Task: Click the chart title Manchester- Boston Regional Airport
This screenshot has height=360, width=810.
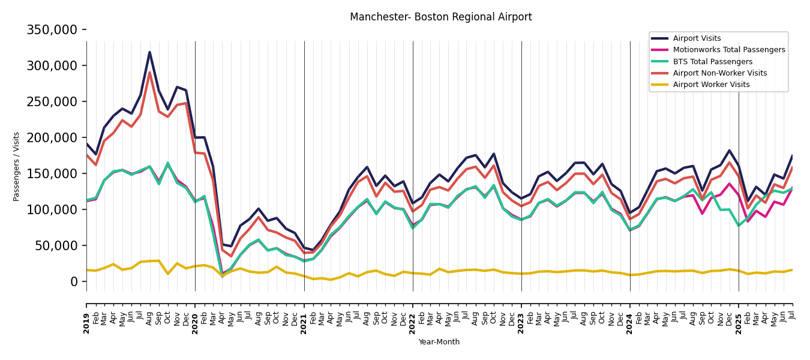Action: (x=440, y=17)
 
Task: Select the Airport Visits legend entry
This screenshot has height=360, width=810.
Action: (x=697, y=38)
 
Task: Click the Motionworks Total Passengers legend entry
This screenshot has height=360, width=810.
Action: (x=728, y=50)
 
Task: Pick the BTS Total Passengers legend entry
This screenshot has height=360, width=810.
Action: (x=712, y=62)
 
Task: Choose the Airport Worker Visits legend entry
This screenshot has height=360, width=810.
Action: (x=711, y=85)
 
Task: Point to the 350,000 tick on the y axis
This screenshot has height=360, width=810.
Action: (x=52, y=29)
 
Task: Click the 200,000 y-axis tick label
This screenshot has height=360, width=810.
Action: (x=52, y=137)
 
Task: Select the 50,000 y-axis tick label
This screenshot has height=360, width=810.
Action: (x=56, y=245)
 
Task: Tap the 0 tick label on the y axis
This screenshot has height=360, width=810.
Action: (x=74, y=281)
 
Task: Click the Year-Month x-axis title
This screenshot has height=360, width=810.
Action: (x=439, y=342)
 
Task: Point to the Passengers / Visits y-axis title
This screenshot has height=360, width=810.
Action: (x=17, y=166)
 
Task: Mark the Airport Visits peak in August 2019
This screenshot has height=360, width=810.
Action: (x=149, y=52)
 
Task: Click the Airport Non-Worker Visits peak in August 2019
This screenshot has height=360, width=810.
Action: (x=149, y=72)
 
